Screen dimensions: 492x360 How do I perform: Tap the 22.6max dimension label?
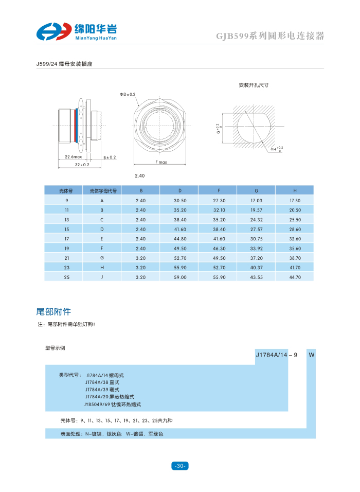(73, 156)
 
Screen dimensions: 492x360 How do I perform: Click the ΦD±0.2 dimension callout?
(128, 94)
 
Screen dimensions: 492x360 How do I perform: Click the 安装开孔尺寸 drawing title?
(254, 85)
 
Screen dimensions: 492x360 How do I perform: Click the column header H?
(295, 190)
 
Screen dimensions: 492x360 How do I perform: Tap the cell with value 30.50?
(180, 200)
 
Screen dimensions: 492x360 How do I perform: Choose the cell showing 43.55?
(256, 277)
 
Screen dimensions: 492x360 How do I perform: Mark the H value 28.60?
(295, 229)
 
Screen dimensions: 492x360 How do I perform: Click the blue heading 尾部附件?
(53, 312)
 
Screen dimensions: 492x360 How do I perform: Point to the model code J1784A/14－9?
(277, 355)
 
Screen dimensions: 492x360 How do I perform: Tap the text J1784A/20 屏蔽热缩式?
(110, 397)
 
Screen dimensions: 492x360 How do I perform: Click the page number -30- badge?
(179, 466)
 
